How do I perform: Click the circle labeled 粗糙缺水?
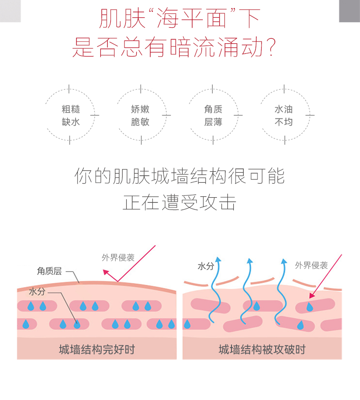click(71, 115)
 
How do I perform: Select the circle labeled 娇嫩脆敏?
click(140, 115)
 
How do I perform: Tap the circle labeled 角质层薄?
click(213, 115)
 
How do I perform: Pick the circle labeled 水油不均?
click(283, 115)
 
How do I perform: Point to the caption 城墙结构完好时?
click(97, 349)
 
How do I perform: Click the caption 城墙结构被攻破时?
click(262, 349)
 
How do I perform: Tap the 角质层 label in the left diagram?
click(49, 271)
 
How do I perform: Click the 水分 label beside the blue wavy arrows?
click(206, 266)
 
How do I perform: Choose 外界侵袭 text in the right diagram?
click(311, 265)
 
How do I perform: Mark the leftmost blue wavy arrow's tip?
click(218, 259)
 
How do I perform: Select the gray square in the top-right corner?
click(350, 10)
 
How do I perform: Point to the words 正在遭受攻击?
click(180, 202)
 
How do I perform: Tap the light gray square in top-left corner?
click(10, 10)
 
